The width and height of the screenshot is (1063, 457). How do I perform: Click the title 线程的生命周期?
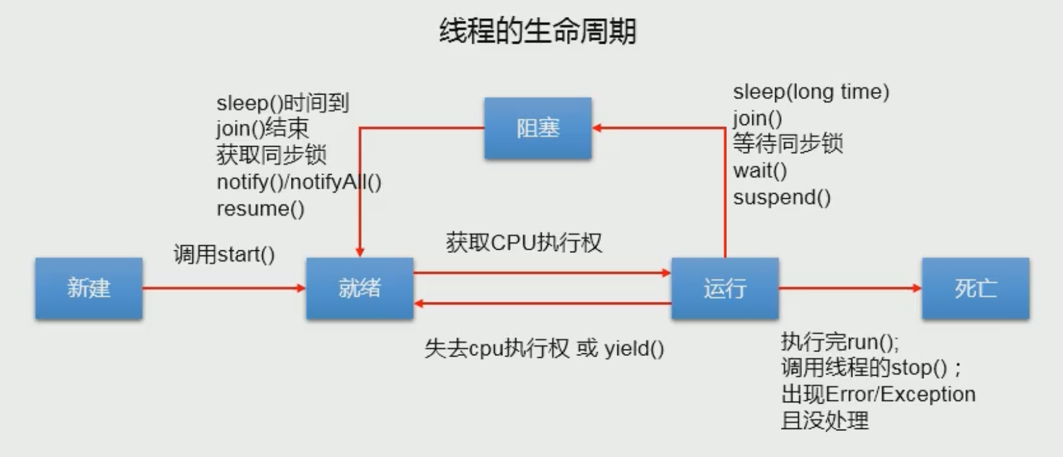pos(537,31)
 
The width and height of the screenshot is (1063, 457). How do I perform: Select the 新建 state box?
pos(89,288)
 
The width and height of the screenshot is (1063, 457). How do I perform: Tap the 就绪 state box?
pos(360,288)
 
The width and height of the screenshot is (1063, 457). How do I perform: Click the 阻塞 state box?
pos(538,128)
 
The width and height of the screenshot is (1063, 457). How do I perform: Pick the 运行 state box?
pos(724,288)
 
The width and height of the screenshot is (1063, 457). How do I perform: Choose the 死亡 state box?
pos(975,288)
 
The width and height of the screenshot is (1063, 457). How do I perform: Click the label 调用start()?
pos(224,254)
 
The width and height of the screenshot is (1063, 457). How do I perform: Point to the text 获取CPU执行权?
pos(523,243)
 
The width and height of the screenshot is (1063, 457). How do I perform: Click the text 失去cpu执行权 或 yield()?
pos(544,349)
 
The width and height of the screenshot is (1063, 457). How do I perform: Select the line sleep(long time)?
pos(810,92)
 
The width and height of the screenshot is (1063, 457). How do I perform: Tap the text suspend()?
pos(781,198)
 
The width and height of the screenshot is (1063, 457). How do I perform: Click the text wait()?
pos(760,171)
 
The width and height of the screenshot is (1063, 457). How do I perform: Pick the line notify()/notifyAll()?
pos(298,182)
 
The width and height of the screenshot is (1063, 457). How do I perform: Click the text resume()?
pos(260,209)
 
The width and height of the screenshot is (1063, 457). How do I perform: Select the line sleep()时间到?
pos(282,103)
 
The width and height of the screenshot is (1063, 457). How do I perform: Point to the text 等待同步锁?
pos(787,144)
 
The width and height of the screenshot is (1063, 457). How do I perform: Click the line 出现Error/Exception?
pos(878,394)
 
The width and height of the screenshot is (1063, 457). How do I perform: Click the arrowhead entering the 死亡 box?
pos(917,288)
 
